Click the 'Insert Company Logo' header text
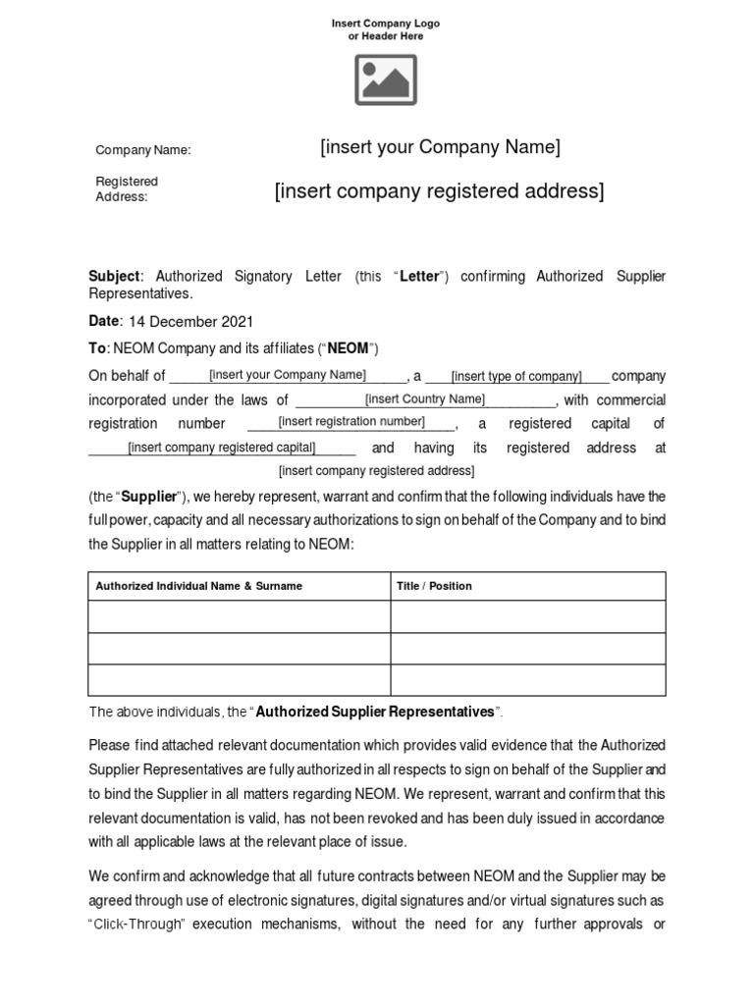pos(386,22)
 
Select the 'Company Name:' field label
pos(142,150)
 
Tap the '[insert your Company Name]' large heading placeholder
pos(440,147)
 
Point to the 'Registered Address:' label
pos(126,188)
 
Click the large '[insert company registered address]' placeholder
pos(439,190)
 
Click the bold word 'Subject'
pos(116,277)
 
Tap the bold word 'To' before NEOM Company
pos(97,348)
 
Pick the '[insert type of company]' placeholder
pos(516,377)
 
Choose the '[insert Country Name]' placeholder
pos(424,398)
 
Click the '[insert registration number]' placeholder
pos(350,422)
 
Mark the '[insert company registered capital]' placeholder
pos(222,448)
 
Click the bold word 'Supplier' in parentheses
pos(149,497)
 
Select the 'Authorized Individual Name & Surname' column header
pos(198,586)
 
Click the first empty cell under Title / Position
pos(528,616)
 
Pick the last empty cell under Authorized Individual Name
pos(240,679)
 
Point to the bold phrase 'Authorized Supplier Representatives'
pos(375,712)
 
